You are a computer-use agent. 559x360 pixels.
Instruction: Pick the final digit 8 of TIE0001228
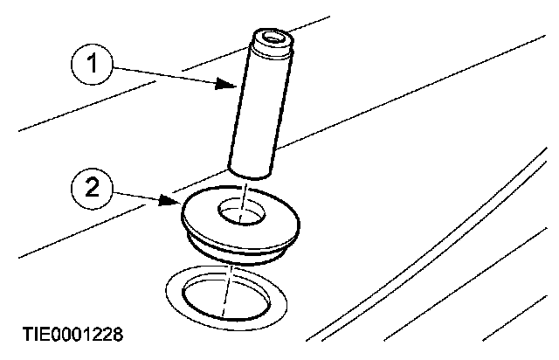[117, 334]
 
